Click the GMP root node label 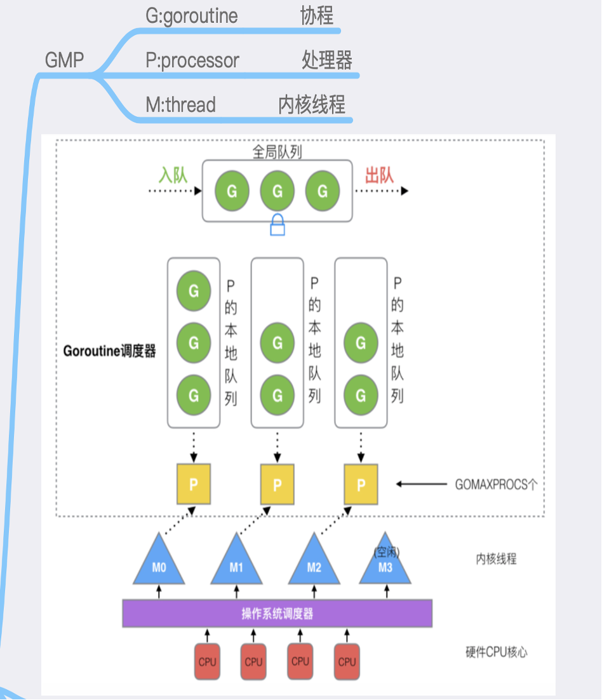(64, 60)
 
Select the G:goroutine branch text (192, 16)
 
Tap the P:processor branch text (192, 61)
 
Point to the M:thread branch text (181, 105)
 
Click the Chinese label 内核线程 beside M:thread (312, 105)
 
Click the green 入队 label (173, 175)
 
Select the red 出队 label (379, 175)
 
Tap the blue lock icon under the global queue (278, 225)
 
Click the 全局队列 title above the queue (278, 152)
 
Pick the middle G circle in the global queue (278, 191)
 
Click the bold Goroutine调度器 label (109, 351)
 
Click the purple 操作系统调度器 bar (277, 614)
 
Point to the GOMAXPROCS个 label (496, 485)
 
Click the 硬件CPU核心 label (496, 652)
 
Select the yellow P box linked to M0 (194, 485)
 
